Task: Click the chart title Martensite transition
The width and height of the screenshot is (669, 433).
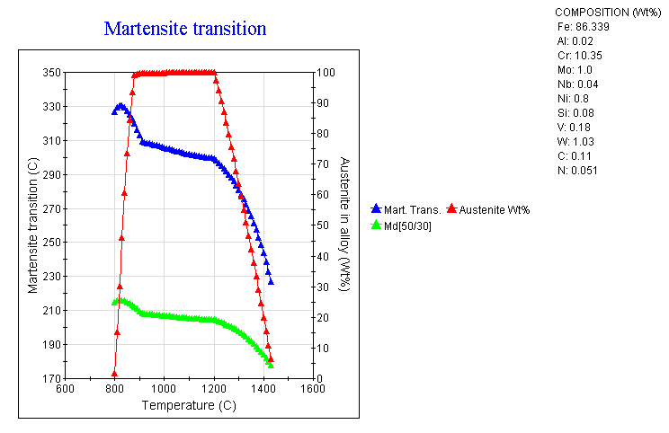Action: [x=185, y=28]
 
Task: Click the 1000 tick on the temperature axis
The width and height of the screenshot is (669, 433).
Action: [x=164, y=390]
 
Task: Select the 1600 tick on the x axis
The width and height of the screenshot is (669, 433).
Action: [x=313, y=390]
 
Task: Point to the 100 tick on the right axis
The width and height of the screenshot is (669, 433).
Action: [x=327, y=73]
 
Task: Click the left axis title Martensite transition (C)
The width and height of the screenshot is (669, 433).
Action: [x=32, y=225]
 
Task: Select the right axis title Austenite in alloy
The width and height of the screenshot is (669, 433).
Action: [x=344, y=225]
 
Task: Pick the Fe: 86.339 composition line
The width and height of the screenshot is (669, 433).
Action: [x=584, y=26]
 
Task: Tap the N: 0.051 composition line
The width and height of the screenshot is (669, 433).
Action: [x=577, y=170]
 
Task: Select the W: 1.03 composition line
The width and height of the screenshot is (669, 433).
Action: [x=577, y=141]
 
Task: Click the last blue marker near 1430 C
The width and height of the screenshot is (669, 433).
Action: [x=271, y=281]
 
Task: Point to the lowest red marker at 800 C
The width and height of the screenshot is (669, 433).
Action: [x=114, y=373]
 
